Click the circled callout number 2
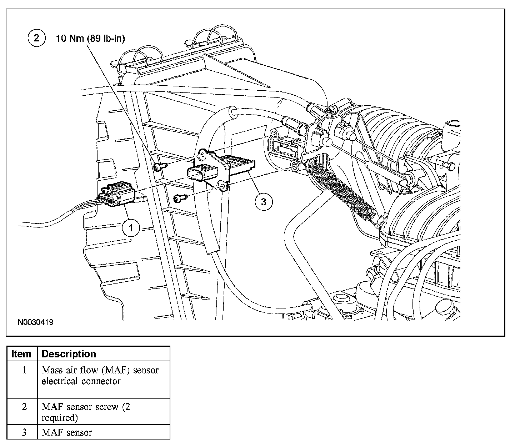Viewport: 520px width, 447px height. (x=37, y=38)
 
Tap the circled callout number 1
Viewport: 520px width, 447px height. (x=131, y=227)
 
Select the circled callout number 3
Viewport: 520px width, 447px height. (x=264, y=202)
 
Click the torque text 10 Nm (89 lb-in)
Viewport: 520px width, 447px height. (x=90, y=39)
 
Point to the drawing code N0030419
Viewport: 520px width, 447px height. (x=36, y=322)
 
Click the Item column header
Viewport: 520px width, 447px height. (x=21, y=354)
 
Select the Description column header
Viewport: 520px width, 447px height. (x=69, y=354)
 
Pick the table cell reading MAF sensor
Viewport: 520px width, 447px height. (x=67, y=432)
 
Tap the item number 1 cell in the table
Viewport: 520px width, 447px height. (x=24, y=370)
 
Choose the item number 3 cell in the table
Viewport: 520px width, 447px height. (x=24, y=432)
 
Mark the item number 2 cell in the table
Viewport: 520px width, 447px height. (x=24, y=407)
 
